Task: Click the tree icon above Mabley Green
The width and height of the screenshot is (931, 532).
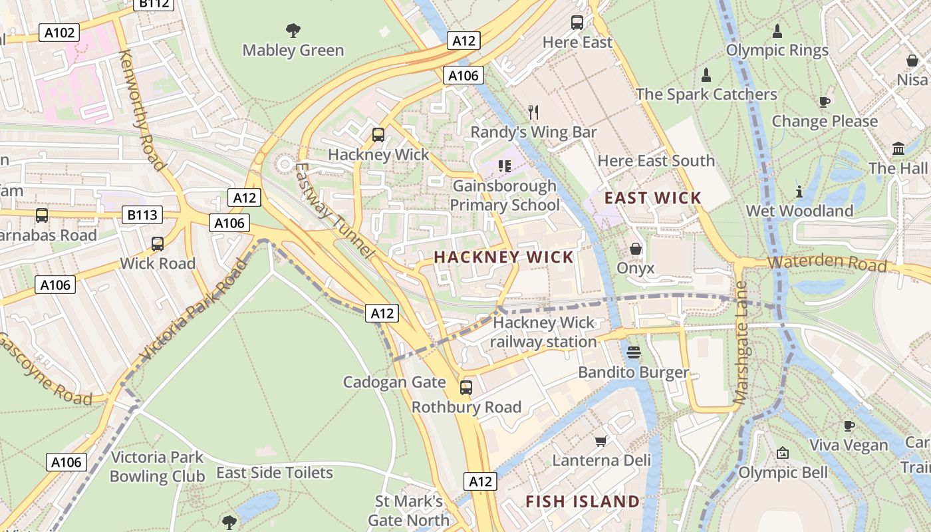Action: (293, 30)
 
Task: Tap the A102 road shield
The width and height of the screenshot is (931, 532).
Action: (59, 33)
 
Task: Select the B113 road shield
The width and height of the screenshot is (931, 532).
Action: (142, 215)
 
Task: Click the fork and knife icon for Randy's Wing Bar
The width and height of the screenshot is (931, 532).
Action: (533, 112)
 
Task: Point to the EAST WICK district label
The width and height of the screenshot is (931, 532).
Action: (652, 198)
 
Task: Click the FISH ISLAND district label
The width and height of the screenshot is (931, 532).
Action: (583, 501)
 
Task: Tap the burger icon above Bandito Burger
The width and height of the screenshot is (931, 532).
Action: (633, 352)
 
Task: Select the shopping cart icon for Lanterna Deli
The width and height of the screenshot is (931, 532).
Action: (601, 441)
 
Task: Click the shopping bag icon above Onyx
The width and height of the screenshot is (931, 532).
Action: (636, 249)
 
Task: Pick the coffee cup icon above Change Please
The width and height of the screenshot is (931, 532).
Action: (825, 102)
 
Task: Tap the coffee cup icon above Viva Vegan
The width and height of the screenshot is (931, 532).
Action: (849, 426)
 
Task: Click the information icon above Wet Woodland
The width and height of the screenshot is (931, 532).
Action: (799, 192)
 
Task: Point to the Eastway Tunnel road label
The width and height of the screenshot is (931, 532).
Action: (332, 209)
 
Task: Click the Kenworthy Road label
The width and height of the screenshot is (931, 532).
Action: (141, 110)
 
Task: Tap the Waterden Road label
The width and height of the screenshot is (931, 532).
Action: (827, 263)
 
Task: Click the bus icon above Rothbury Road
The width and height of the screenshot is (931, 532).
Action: (466, 387)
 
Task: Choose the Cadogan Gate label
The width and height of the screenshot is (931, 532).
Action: (394, 382)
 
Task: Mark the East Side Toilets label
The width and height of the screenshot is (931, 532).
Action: (275, 473)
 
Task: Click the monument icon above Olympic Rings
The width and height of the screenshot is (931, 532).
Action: (777, 31)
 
